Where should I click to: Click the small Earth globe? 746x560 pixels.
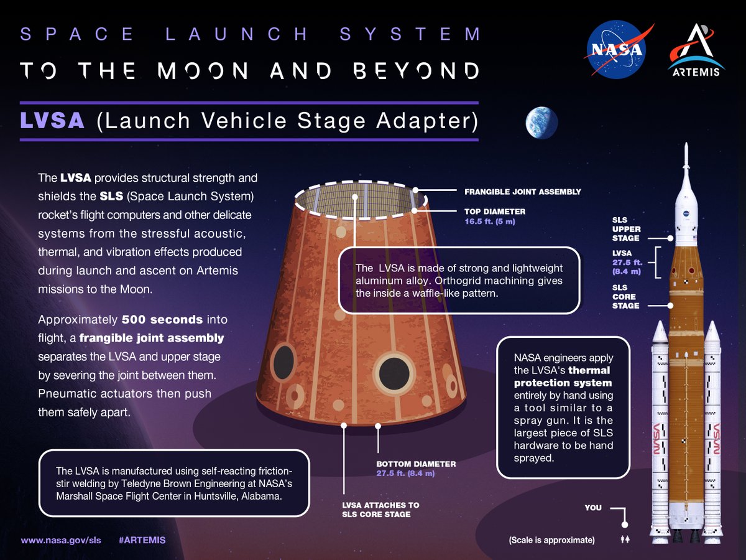541,123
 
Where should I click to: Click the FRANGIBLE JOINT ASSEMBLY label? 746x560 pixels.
523,192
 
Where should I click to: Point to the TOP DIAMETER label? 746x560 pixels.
495,212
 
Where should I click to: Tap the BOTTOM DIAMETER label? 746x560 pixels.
417,464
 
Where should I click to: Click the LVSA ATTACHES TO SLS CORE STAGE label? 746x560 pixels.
381,510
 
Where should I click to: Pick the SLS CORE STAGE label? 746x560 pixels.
625,297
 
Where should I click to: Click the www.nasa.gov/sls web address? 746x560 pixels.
61,539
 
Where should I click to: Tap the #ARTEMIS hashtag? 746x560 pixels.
142,539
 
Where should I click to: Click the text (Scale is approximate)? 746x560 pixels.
551,540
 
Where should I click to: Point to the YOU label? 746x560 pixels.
593,508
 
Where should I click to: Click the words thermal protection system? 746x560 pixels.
563,376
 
